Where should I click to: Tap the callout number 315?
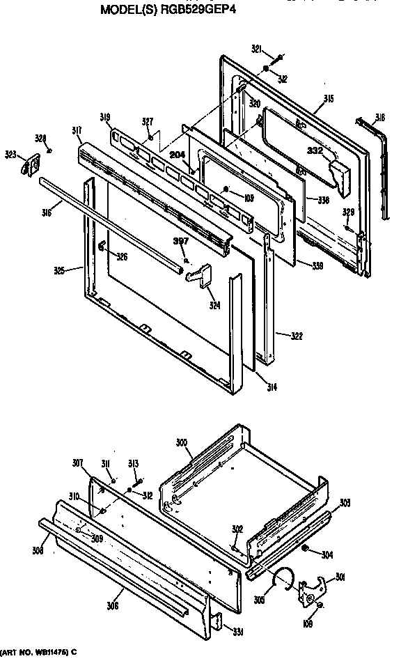(329, 100)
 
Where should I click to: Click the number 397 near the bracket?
(181, 241)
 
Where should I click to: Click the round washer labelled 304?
(306, 550)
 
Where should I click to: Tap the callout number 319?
(105, 118)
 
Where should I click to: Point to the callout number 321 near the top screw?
(257, 48)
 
